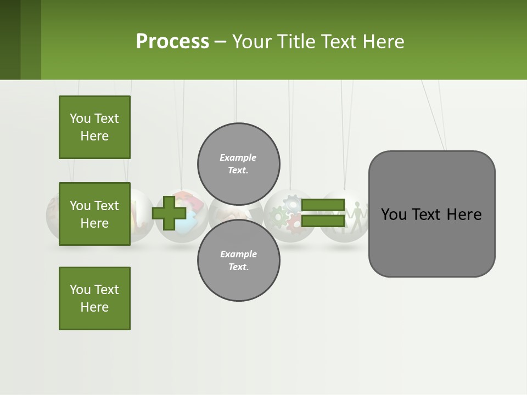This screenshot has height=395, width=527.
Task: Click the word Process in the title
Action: click(172, 42)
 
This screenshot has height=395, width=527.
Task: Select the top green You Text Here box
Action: click(94, 127)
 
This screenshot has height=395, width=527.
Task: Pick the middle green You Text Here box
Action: click(94, 214)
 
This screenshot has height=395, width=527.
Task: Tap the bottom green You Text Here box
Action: click(94, 298)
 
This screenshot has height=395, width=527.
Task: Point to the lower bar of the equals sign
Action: click(322, 221)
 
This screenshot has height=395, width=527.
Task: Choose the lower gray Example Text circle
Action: click(238, 261)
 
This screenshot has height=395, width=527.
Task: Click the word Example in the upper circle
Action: click(238, 157)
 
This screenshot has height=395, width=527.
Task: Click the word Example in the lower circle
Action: click(238, 254)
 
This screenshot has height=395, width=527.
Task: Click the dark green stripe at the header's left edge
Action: click(10, 39)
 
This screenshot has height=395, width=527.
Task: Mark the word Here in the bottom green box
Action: click(94, 307)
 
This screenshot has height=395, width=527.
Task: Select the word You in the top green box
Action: click(80, 119)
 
